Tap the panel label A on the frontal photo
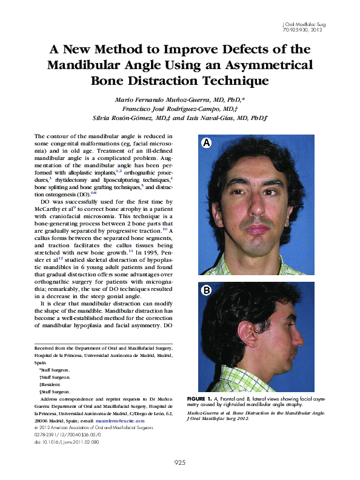pos(207,143)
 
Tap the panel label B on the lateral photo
pos(207,290)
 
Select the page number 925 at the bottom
pos(180,462)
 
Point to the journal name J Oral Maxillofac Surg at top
pos(304,24)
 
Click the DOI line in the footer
pos(67,442)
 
